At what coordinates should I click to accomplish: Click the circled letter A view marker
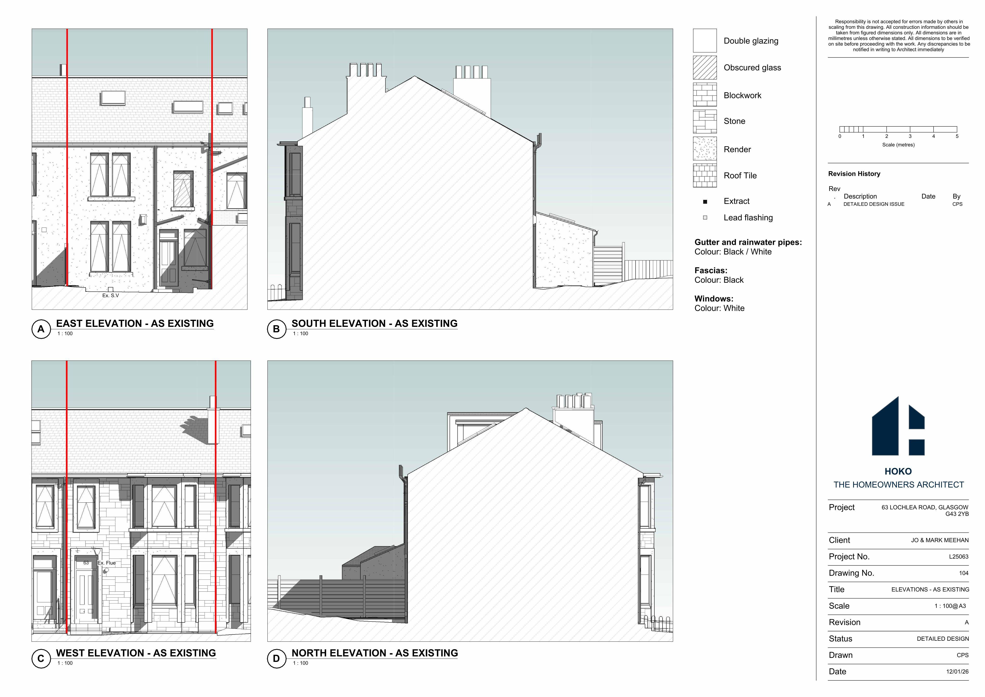pyautogui.click(x=41, y=329)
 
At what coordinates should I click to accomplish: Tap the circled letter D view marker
pyautogui.click(x=277, y=659)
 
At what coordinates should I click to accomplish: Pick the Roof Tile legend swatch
pyautogui.click(x=705, y=176)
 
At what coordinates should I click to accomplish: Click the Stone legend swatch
pyautogui.click(x=705, y=121)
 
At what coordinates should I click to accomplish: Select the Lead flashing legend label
pyautogui.click(x=748, y=218)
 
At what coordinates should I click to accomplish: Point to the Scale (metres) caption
pyautogui.click(x=898, y=145)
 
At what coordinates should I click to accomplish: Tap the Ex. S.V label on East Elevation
pyautogui.click(x=111, y=296)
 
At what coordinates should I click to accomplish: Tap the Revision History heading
pyautogui.click(x=854, y=174)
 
